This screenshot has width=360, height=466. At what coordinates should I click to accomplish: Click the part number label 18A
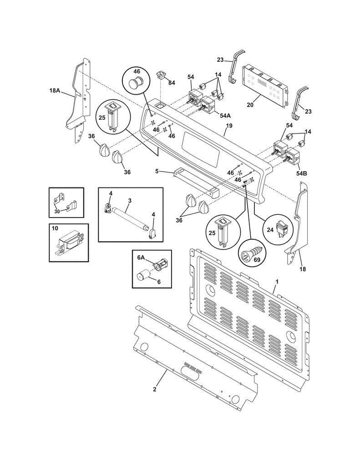point(55,91)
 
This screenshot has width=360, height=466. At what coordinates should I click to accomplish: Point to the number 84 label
point(171,82)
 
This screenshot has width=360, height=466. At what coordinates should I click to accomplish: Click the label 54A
point(213,116)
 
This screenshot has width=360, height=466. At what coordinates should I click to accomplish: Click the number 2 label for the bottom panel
point(154,389)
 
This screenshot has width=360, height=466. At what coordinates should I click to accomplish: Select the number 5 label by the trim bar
point(157,171)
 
